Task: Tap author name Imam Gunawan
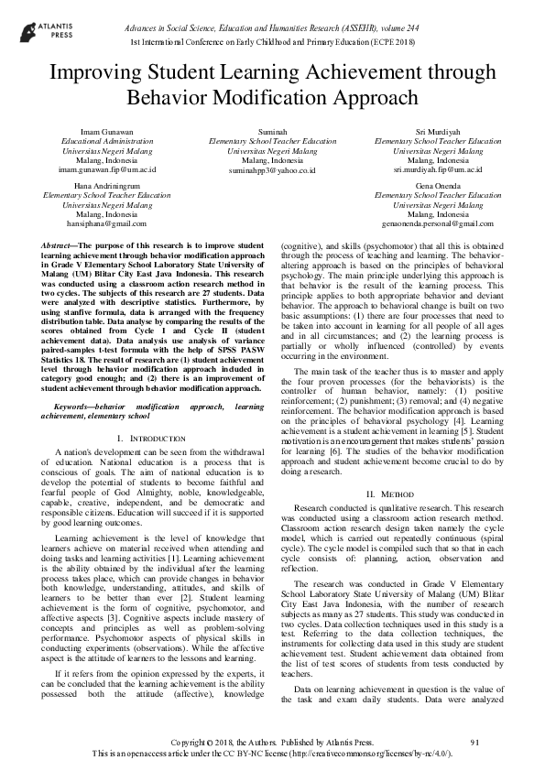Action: pyautogui.click(x=107, y=132)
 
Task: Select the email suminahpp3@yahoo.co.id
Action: pyautogui.click(x=272, y=169)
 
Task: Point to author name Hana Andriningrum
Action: pyautogui.click(x=107, y=185)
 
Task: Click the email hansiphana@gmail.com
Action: pyautogui.click(x=107, y=223)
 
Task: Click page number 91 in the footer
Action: pyautogui.click(x=474, y=741)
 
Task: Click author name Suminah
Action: pyautogui.click(x=272, y=132)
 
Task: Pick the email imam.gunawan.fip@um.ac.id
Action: pyautogui.click(x=107, y=169)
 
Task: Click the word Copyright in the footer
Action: pyautogui.click(x=196, y=741)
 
